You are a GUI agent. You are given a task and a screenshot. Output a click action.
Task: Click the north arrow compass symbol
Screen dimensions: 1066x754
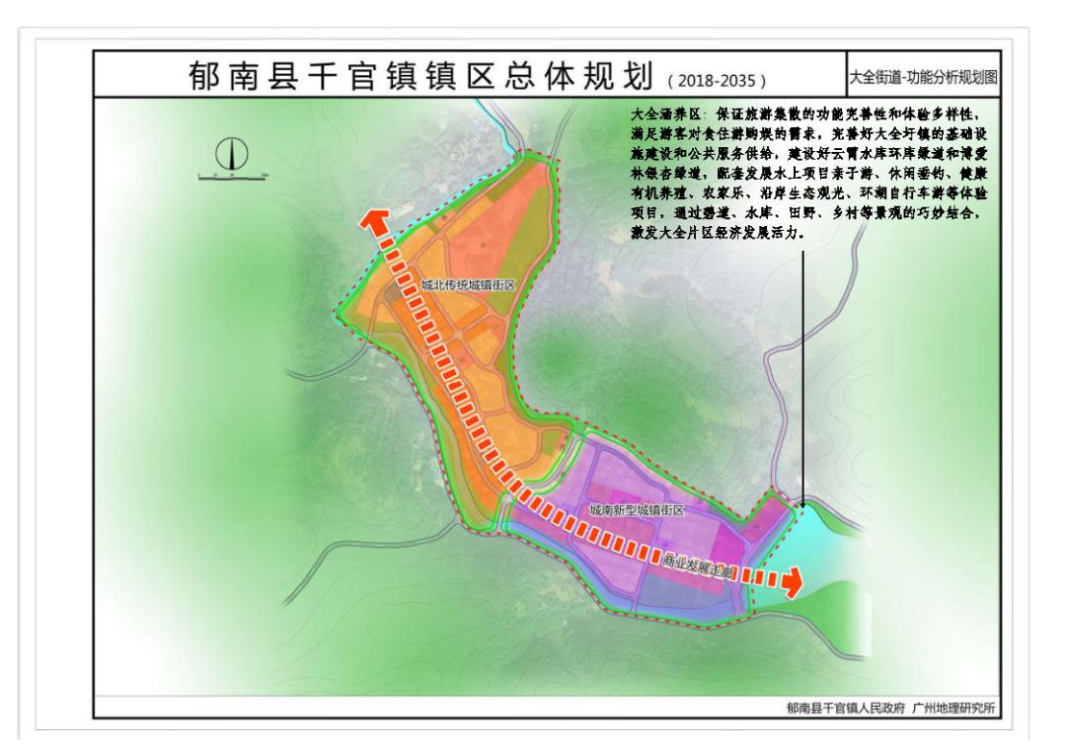[234, 154]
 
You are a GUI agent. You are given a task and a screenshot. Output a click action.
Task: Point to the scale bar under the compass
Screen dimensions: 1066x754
[234, 176]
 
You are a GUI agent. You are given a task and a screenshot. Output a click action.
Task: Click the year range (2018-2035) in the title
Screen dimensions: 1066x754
[718, 79]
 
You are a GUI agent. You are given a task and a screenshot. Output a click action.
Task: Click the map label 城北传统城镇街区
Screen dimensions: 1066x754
[468, 284]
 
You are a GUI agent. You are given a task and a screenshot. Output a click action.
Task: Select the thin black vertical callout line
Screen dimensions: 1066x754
[803, 375]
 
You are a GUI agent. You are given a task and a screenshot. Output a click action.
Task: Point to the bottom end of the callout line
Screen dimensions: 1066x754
[803, 505]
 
